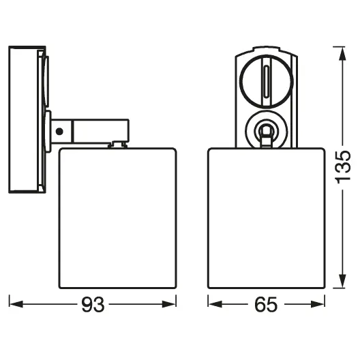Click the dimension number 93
(93, 305)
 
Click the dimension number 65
(265, 305)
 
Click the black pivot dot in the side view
(61, 130)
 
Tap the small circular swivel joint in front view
(265, 130)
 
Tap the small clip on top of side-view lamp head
(119, 143)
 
